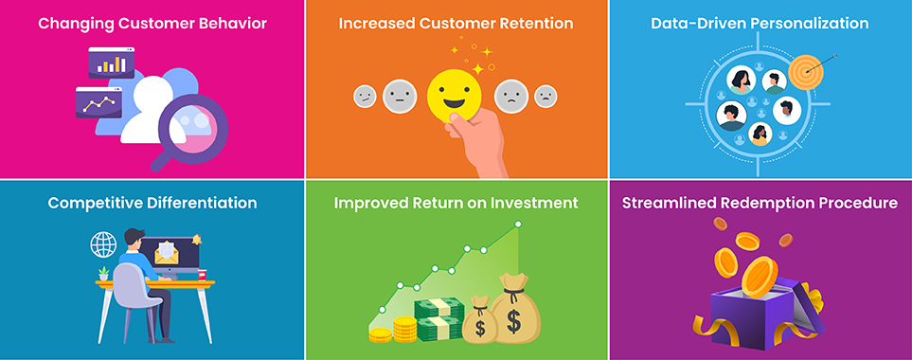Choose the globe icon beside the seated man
point(101,244)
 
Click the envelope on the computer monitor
point(168,251)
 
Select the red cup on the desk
point(201,274)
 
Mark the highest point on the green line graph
point(517,225)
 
